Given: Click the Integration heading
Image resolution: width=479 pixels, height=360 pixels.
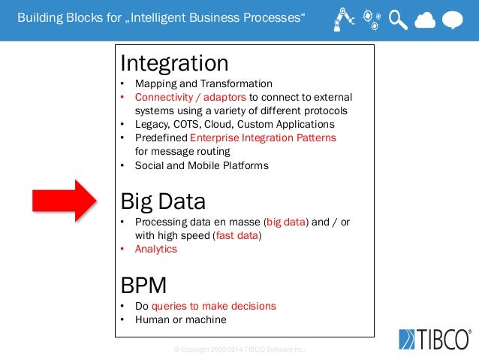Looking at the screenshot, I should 174,63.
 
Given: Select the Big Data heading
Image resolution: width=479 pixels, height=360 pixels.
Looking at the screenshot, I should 163,201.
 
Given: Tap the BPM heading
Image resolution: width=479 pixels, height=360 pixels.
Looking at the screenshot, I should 143,286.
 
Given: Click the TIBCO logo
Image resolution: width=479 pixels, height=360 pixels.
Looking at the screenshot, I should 435,339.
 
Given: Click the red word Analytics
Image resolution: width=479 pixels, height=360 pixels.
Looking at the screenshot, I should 156,249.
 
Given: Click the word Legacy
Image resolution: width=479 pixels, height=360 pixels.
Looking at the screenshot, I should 151,124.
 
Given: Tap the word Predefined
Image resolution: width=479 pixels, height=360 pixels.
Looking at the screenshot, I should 161,138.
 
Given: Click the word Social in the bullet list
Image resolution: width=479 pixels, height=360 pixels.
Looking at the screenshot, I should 149,165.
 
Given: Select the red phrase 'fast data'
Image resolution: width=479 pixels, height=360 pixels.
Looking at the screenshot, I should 236,235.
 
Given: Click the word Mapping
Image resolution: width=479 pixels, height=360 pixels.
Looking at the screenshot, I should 155,83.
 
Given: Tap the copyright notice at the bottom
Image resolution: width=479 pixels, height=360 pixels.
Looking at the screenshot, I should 239,350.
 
